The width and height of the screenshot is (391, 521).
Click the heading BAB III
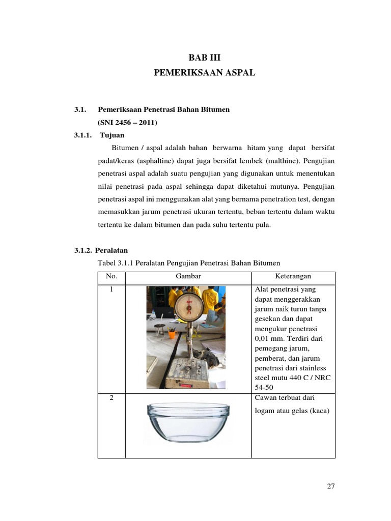(x=204, y=57)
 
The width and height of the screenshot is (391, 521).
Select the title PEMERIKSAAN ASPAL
(x=204, y=73)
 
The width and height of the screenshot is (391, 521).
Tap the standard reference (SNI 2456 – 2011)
(x=127, y=123)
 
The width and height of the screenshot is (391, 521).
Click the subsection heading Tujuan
(x=112, y=135)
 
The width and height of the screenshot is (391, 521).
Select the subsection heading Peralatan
(x=113, y=250)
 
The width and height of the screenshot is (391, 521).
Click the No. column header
(x=111, y=277)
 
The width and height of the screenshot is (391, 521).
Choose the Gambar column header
(x=188, y=277)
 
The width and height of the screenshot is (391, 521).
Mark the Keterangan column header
(x=293, y=277)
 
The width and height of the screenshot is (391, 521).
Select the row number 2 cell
(x=111, y=398)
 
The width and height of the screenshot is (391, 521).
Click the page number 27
(x=330, y=486)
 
